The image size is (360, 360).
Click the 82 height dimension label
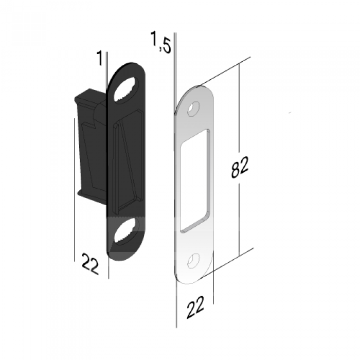point(240,167)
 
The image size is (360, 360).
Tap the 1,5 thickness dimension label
point(161,42)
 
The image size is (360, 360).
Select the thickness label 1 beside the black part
point(99,58)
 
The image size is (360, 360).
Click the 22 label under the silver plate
point(195,307)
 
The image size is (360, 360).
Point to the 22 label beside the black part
point(90,263)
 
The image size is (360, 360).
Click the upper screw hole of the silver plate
point(193,109)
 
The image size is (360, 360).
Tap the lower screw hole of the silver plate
point(193,261)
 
